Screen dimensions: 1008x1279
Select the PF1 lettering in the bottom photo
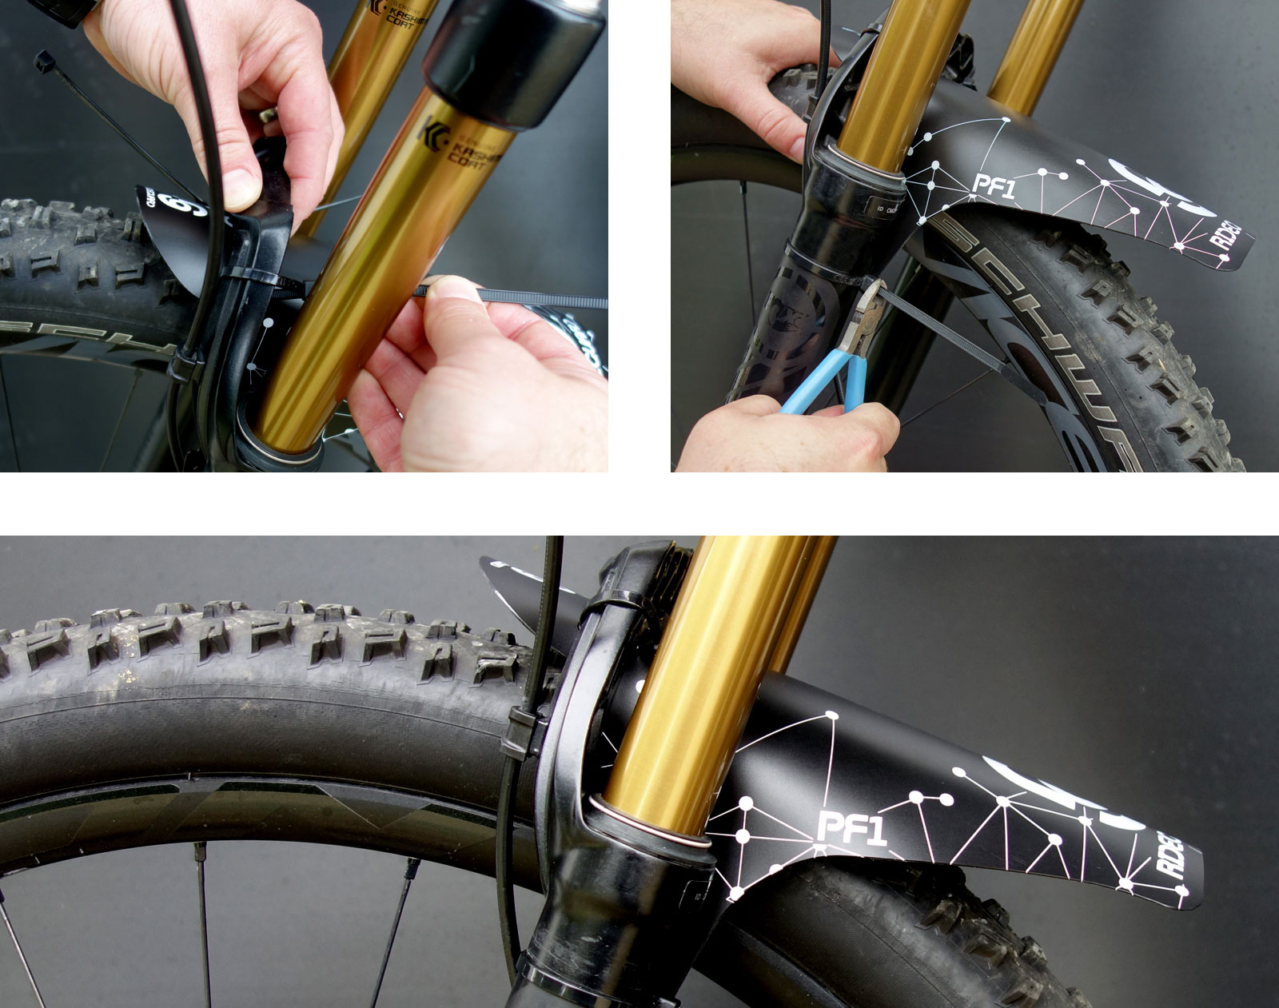[x=852, y=828]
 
